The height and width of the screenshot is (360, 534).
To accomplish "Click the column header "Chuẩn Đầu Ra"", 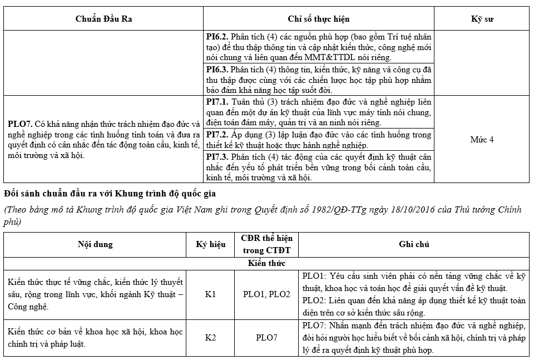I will coord(104,19).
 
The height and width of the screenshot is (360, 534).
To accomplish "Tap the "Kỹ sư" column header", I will coord(482,19).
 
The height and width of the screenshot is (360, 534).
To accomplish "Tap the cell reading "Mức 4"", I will coord(482,139).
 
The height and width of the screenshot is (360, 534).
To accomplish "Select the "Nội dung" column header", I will coord(95,244).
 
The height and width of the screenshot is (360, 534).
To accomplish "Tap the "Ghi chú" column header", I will coord(414,244).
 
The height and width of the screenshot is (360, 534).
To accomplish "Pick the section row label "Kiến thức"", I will coord(266,263).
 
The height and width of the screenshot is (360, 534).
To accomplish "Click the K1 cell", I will coord(210,293).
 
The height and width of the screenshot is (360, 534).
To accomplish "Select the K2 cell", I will coord(210,337).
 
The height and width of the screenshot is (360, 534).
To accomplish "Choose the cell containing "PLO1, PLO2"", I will coord(266,293).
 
